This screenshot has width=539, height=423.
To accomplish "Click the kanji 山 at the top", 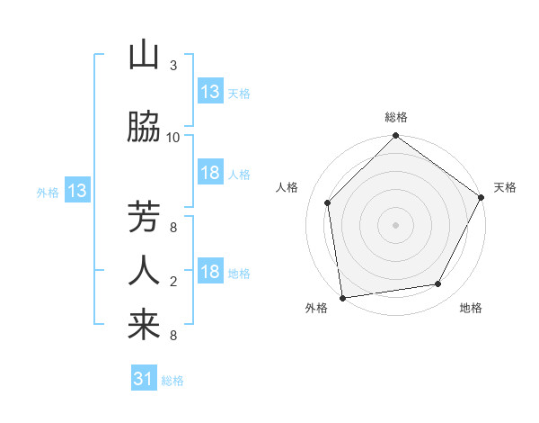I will point(144,56).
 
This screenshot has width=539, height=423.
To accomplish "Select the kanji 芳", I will point(144,218).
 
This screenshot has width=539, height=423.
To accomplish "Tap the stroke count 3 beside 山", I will point(173,66).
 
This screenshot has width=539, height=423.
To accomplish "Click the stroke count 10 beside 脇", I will point(173,137).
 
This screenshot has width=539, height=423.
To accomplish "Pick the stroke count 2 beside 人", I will point(173,282).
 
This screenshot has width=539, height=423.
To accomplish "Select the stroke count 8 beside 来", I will point(173,336).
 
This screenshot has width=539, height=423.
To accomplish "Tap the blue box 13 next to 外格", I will point(76,191).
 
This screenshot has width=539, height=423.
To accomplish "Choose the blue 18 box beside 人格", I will point(210,173).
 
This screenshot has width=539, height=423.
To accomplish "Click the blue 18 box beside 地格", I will point(210,272).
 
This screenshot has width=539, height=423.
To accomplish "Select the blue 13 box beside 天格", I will point(210,92).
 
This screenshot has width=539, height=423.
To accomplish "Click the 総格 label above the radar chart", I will point(395,118).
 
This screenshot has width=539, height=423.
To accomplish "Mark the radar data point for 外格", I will point(341,297).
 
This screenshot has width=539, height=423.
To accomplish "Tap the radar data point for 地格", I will point(438,283).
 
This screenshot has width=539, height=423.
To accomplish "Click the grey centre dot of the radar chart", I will point(395,224).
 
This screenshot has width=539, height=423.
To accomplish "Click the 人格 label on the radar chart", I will point(287,187).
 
